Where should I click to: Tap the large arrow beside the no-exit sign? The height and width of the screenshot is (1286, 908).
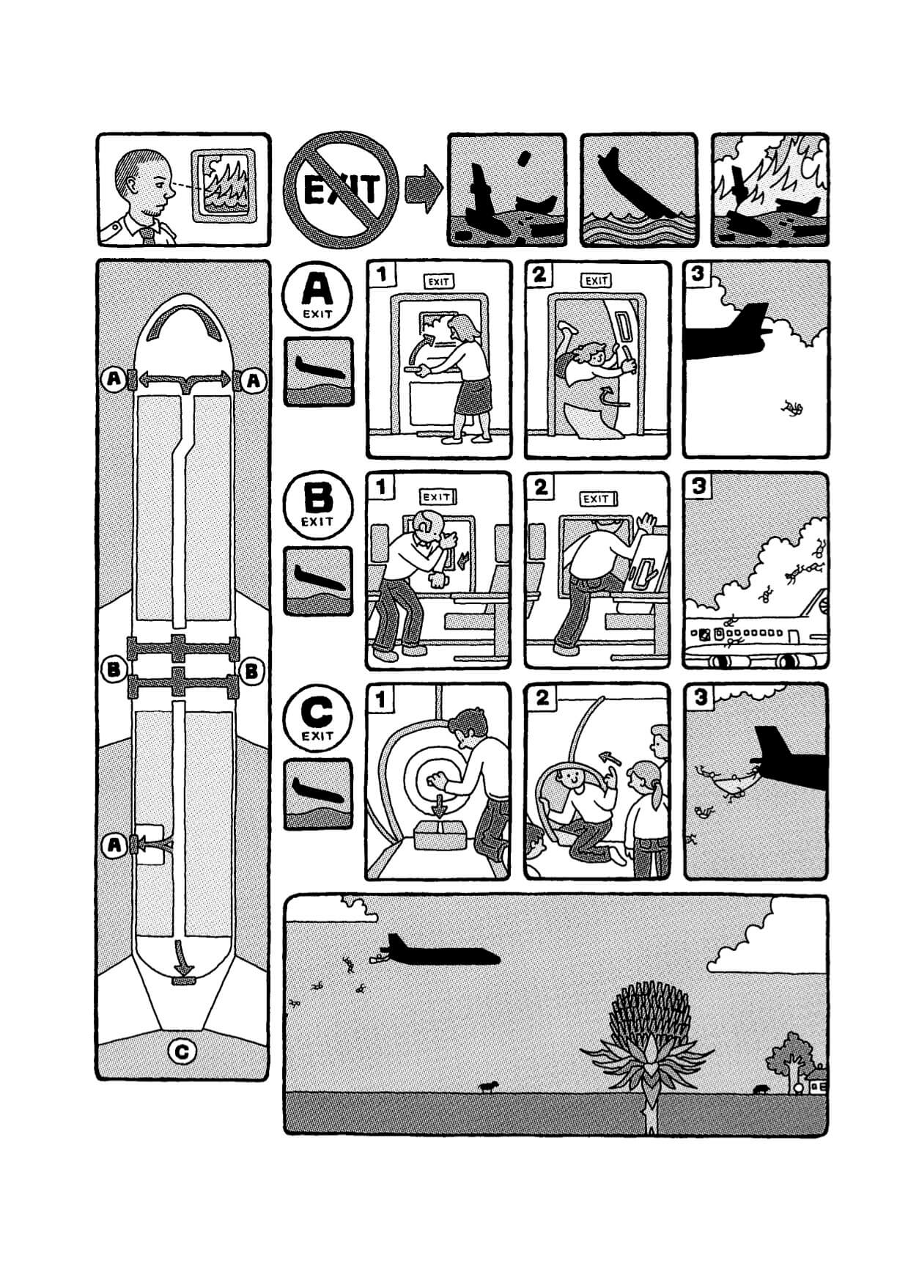(424, 189)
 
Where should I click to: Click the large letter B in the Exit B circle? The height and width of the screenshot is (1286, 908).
(317, 499)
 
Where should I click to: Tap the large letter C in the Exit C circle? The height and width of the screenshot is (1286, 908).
(317, 710)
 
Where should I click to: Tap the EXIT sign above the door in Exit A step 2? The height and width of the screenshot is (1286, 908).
(597, 280)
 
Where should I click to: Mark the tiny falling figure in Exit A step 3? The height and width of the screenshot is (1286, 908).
(793, 408)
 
